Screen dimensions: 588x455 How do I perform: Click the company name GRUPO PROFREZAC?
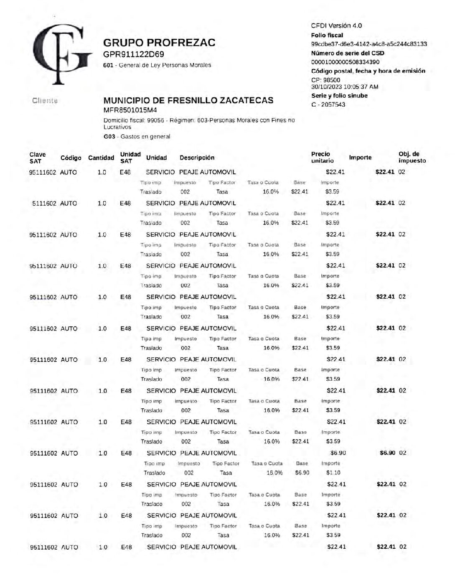tap(159, 43)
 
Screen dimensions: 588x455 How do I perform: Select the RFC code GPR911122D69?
tap(133, 54)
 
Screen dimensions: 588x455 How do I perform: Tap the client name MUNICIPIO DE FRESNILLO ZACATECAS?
tap(188, 100)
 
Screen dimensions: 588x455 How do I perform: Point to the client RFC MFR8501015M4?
tap(130, 110)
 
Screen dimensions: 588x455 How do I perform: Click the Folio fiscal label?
tap(327, 36)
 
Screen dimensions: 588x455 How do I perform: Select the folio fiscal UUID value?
tap(369, 44)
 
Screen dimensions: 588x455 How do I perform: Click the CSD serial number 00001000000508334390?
tap(345, 62)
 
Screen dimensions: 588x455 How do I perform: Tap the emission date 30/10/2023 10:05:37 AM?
tap(345, 87)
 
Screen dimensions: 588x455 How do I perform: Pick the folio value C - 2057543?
tap(328, 104)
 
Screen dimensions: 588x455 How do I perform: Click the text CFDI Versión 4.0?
tap(336, 25)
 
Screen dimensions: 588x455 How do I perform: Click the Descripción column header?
tap(197, 158)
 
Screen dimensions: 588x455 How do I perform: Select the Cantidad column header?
tap(101, 158)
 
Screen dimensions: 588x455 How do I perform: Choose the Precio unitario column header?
tap(322, 158)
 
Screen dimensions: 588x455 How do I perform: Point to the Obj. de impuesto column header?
tap(412, 158)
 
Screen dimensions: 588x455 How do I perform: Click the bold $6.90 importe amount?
tap(387, 453)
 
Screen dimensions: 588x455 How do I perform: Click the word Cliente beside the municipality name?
tap(45, 101)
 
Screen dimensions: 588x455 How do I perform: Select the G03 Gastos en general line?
tap(137, 137)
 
